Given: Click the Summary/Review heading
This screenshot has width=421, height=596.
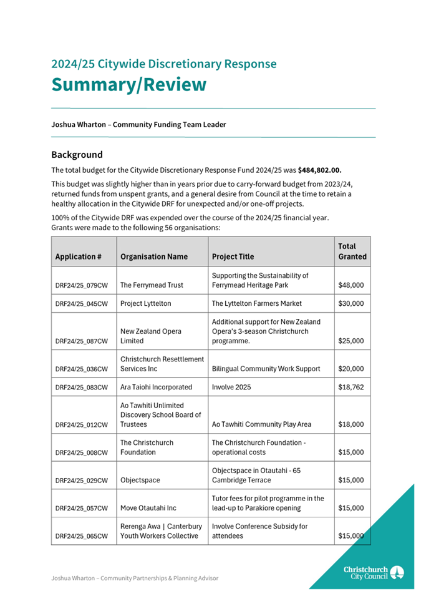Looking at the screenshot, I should (x=128, y=84).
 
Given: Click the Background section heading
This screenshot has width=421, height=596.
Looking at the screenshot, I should (x=77, y=154).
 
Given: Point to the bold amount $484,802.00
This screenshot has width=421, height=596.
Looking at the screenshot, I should (x=319, y=170).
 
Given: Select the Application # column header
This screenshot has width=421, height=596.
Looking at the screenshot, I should (x=79, y=256).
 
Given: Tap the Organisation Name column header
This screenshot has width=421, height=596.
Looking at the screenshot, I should (x=153, y=256).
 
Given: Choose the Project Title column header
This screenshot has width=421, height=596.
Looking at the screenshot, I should (x=233, y=256).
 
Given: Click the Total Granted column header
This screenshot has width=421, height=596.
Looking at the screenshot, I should (x=352, y=252).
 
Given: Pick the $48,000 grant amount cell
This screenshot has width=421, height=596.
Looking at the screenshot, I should (x=351, y=285).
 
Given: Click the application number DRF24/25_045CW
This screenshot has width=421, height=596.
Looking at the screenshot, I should (x=82, y=304).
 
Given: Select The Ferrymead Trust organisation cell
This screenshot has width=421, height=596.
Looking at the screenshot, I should (x=152, y=285).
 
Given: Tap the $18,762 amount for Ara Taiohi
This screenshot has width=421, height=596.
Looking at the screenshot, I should (x=351, y=387).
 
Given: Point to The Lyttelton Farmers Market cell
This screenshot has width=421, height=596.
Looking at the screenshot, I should (x=257, y=303).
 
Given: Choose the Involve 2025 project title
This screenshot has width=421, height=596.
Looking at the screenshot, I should (x=232, y=387).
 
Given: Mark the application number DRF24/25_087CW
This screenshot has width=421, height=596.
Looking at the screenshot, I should (x=82, y=341).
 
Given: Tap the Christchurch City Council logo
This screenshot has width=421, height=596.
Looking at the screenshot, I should (x=374, y=572).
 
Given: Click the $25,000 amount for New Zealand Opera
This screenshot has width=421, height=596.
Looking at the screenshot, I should (x=351, y=341).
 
